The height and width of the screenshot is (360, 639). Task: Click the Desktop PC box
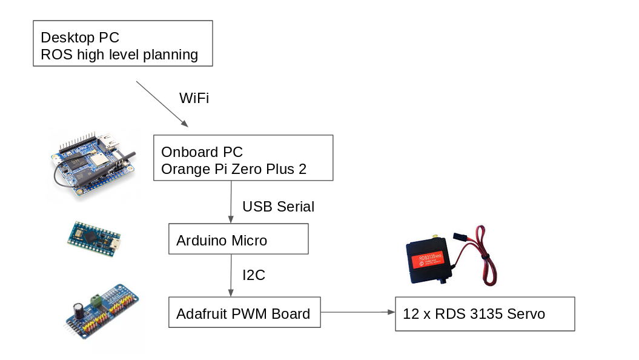122,43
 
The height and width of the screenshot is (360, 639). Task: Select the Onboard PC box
243,158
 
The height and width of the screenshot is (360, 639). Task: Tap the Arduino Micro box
238,239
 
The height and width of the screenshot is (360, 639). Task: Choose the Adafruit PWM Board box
244,313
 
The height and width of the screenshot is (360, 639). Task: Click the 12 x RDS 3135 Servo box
485,313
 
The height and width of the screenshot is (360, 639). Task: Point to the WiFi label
194,98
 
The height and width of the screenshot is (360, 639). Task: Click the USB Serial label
278,207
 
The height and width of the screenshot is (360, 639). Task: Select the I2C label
254,275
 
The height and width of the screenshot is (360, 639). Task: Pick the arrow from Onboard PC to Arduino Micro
231,202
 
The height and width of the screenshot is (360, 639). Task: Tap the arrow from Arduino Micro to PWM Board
231,275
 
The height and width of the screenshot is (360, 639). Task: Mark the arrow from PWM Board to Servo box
357,312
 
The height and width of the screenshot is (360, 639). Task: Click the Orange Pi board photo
94,164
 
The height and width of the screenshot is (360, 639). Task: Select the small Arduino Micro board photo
94,238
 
